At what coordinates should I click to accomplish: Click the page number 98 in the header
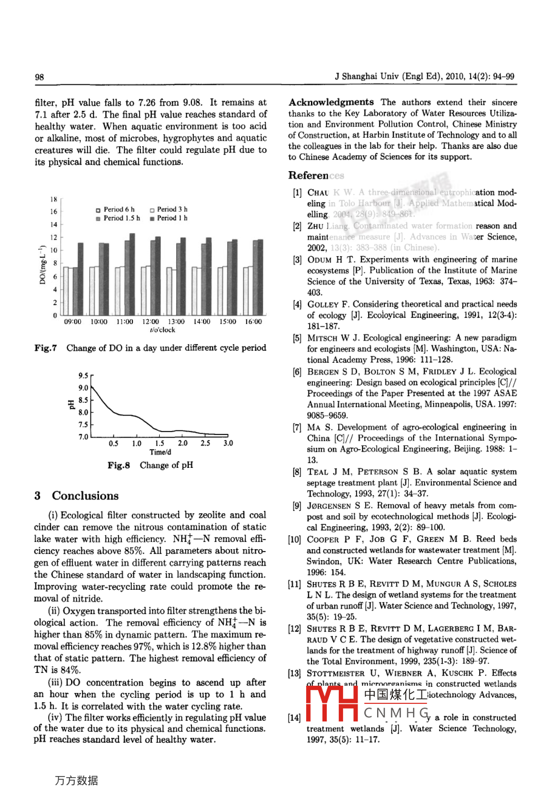[39, 77]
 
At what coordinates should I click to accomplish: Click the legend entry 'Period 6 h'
[115, 209]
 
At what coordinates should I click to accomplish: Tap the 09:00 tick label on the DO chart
[73, 322]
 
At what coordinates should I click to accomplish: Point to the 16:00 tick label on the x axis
[253, 322]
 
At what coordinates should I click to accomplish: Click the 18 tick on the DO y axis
[53, 199]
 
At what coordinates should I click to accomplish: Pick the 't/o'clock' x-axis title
[162, 330]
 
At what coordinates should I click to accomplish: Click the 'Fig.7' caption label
[46, 348]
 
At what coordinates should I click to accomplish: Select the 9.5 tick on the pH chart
[83, 376]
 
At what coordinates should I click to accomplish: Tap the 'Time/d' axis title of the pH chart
[160, 452]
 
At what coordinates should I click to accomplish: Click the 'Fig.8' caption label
[118, 465]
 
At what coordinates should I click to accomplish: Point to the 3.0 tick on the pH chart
[228, 444]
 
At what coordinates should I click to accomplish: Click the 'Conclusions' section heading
[85, 496]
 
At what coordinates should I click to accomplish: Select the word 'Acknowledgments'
[331, 103]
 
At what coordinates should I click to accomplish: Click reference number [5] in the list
[297, 338]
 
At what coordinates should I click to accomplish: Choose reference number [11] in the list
[295, 584]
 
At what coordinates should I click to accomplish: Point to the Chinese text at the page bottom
[77, 781]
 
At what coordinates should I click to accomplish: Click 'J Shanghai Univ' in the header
[363, 77]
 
